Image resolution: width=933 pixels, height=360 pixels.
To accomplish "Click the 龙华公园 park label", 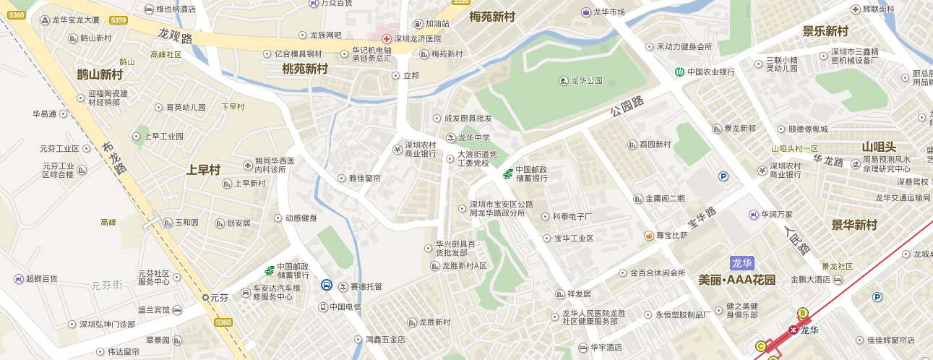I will (586, 81).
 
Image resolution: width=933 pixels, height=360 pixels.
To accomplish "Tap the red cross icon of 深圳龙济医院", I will (387, 38).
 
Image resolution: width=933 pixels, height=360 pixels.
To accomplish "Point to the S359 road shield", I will (119, 21).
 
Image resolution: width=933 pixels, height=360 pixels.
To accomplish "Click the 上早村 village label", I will (203, 170).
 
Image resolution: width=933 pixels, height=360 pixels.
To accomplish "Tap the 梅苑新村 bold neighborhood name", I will (491, 16).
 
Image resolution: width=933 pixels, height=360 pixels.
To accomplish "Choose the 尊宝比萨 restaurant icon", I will (649, 236).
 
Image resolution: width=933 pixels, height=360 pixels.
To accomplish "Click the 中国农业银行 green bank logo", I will (680, 72).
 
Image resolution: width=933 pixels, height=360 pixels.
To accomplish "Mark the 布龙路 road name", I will (116, 158).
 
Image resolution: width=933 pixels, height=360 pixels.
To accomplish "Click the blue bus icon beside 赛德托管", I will (327, 285).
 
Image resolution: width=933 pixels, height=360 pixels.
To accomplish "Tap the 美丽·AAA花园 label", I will (737, 280).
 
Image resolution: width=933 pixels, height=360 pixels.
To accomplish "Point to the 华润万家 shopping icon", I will (753, 215).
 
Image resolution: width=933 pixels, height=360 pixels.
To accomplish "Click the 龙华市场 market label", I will (608, 12).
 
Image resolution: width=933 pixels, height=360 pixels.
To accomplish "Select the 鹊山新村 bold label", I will (100, 74).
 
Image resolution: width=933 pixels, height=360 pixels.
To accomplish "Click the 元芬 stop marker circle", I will (205, 297).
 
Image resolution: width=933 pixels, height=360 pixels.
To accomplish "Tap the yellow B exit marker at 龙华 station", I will (802, 312).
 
